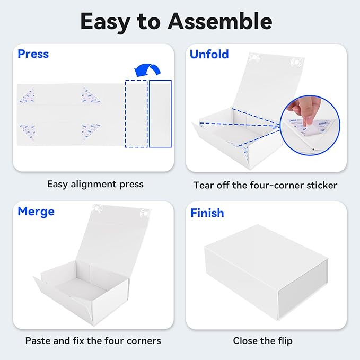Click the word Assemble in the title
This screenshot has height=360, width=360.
pos(220,21)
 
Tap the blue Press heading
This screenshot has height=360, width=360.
pos(33,54)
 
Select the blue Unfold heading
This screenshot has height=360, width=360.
pos(209,55)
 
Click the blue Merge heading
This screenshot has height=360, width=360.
pos(36,212)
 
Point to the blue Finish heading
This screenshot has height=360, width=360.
pos(207,213)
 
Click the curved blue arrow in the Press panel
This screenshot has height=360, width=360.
pos(147,70)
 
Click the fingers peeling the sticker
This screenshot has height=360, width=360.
pos(301,112)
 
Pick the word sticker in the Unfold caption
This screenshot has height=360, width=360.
pos(322,185)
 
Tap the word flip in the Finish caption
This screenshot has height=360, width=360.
pos(285,341)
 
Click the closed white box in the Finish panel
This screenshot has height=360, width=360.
pos(266,272)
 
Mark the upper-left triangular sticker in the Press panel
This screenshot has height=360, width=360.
pos(27,96)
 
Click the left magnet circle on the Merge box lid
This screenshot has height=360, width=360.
pos(97,209)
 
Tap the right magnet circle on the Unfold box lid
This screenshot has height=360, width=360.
pos(296,62)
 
